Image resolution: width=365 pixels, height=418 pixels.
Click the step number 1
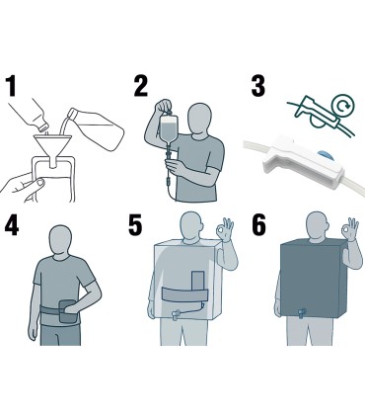point(12,86)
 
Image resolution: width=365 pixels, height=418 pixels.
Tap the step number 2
point(141,86)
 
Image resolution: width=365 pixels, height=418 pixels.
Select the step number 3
point(258,86)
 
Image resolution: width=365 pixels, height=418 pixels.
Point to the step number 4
point(12,225)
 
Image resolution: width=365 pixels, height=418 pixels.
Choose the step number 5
point(135,225)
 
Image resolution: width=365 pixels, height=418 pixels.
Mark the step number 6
point(258,225)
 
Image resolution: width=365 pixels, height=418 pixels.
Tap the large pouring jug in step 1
point(97,128)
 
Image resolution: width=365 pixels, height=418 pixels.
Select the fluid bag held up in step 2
point(169,127)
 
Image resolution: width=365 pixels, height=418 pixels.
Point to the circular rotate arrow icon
point(343,105)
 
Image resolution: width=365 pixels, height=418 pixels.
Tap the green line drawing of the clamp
point(321,114)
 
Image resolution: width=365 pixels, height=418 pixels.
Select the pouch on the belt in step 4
point(68,311)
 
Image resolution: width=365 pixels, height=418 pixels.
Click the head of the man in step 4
point(60,239)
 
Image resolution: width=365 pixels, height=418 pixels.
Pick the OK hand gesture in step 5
point(225,229)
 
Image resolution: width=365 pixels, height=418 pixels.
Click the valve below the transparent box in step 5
point(176,315)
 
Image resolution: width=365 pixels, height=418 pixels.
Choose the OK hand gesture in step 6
point(350,229)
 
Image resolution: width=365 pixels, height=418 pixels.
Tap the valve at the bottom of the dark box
point(302,313)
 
